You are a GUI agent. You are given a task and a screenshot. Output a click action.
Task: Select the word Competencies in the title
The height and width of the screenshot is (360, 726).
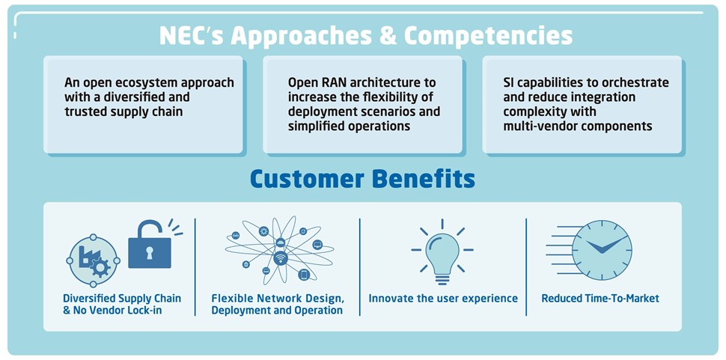point(489,37)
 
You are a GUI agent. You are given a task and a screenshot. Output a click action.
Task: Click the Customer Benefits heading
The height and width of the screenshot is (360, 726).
point(362,179)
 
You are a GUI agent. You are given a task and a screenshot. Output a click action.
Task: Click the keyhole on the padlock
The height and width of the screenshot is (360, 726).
point(150,251)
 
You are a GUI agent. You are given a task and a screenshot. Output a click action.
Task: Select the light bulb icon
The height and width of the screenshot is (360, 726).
point(442,252)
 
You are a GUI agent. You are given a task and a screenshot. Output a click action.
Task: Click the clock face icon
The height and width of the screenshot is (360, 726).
point(602,250)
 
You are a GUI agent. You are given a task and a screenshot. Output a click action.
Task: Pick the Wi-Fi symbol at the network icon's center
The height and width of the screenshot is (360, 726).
point(280,257)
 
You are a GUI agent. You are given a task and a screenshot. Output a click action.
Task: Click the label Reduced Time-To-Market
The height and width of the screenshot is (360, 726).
point(600,299)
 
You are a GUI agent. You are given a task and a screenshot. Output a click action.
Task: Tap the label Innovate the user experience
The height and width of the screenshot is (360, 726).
point(443,299)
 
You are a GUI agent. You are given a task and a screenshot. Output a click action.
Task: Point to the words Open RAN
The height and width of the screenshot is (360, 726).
point(310,82)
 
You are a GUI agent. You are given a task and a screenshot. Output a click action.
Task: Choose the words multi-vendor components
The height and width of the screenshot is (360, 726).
point(578,126)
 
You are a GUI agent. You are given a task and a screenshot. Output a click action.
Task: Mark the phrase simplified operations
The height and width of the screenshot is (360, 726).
point(349,126)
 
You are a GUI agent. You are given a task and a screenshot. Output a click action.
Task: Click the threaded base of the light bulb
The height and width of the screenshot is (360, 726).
point(442,278)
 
